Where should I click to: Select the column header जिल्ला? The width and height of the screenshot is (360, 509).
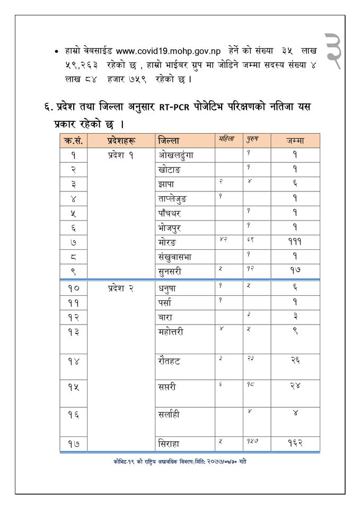click(169, 141)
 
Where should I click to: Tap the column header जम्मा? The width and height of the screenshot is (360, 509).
click(295, 141)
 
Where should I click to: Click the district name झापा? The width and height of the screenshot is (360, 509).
click(168, 184)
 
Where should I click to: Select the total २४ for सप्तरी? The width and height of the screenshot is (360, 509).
click(295, 388)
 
